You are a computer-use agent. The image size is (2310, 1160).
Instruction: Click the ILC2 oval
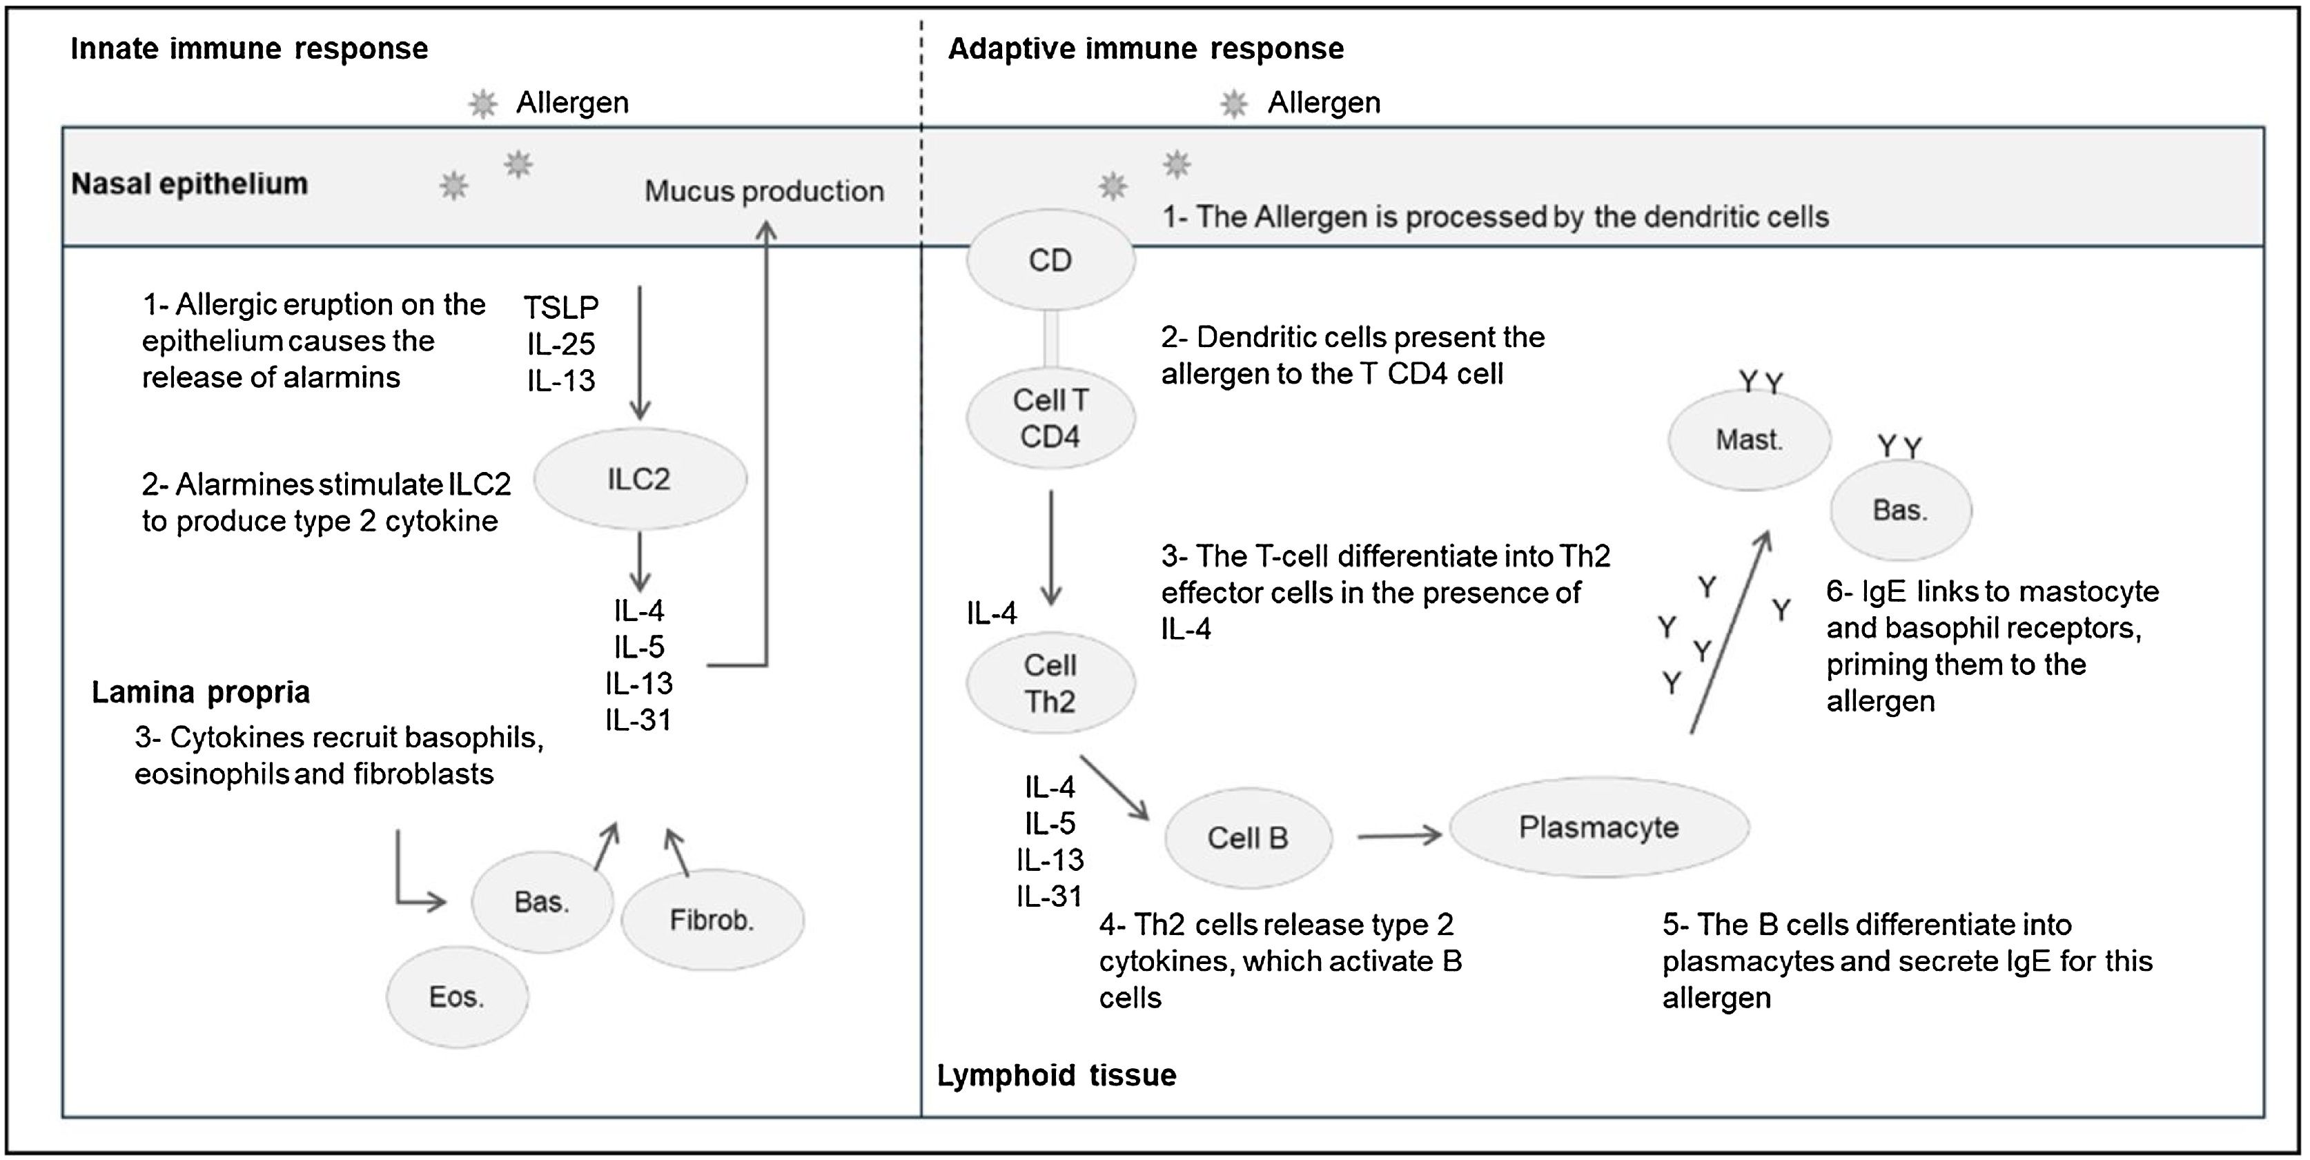click(639, 479)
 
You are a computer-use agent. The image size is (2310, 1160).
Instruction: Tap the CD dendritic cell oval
click(1050, 260)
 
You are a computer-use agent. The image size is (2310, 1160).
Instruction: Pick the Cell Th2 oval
click(1050, 683)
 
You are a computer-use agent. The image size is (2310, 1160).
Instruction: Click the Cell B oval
click(1247, 837)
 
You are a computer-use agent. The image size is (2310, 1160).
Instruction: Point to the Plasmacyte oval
click(1599, 827)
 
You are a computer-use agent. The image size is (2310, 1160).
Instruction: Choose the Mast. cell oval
click(1749, 440)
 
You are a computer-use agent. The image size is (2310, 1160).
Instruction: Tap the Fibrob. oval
click(712, 920)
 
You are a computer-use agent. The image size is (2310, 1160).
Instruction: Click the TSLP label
click(561, 308)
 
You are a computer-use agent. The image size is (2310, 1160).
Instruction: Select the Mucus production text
click(764, 191)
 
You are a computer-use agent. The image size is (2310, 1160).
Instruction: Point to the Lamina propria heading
click(201, 692)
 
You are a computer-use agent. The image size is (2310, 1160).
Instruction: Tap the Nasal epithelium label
click(189, 184)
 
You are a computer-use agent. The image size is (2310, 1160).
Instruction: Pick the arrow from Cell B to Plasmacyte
click(1399, 836)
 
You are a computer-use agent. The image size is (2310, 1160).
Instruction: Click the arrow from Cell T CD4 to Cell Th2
click(1051, 547)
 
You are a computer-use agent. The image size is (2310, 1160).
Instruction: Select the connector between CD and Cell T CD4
click(1051, 339)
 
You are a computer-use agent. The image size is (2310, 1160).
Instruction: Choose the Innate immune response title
click(249, 48)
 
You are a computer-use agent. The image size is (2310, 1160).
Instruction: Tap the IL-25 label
click(561, 344)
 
